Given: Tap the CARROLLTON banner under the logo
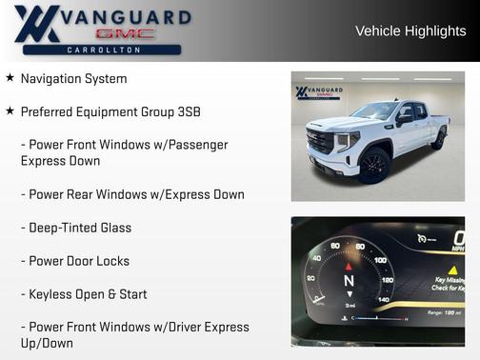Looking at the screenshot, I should [x=105, y=50].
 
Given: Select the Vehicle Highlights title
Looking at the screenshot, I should [x=410, y=30].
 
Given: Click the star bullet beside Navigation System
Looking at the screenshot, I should [x=10, y=78].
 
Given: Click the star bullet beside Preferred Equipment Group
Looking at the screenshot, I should [x=10, y=111].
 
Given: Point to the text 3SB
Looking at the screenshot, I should [x=187, y=111].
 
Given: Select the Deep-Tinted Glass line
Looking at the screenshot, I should [x=76, y=228].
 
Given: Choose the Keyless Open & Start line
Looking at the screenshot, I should [x=84, y=294].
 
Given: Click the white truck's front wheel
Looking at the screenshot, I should [x=373, y=166].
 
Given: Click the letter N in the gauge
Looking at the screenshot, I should [x=349, y=282].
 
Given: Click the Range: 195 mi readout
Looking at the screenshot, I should [x=444, y=312].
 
